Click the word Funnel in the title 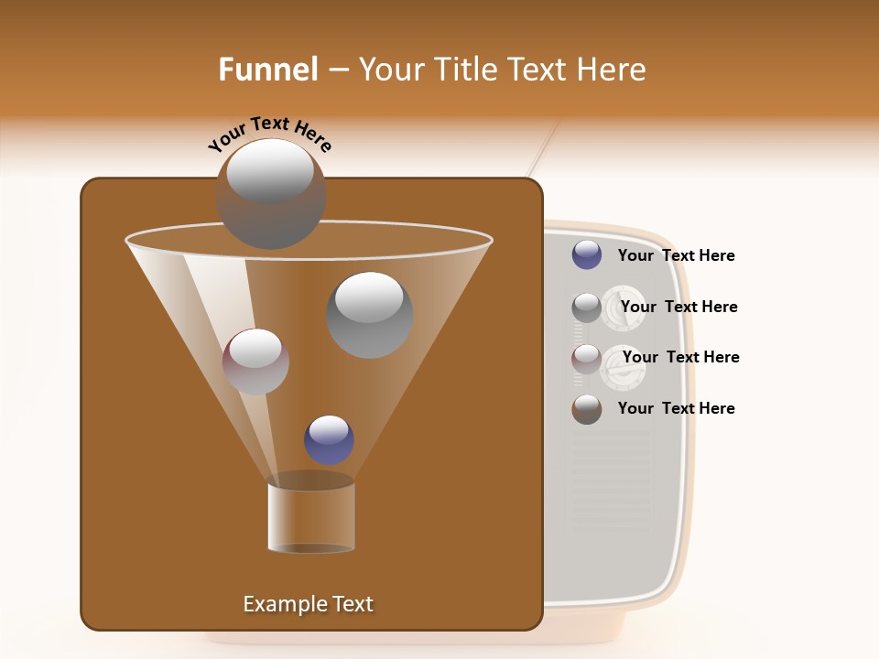(267, 70)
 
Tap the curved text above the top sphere (270, 135)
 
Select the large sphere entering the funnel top (270, 193)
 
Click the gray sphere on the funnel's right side (369, 314)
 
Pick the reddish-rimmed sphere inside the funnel (255, 361)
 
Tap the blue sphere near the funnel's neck (329, 439)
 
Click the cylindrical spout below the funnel (310, 517)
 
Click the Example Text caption (308, 604)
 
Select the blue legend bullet (587, 255)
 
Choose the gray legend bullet (587, 308)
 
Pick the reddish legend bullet (587, 359)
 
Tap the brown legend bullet (587, 409)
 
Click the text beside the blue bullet (676, 255)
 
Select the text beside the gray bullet (678, 307)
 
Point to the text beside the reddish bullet (680, 357)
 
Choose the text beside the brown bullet (676, 408)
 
